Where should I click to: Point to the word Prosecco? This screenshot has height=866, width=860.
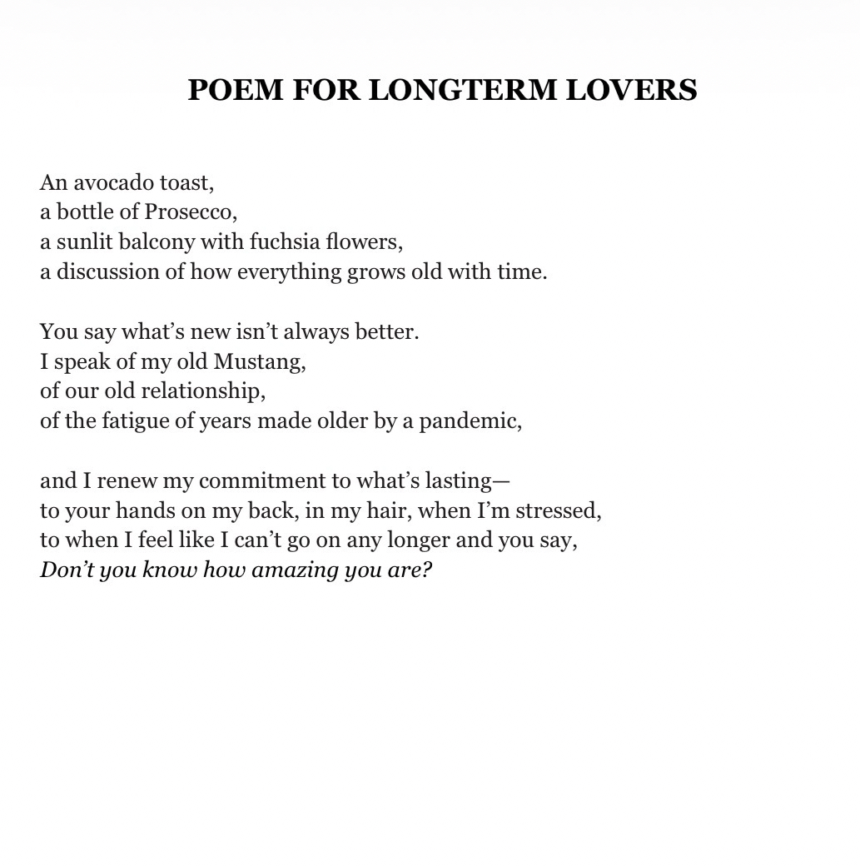tap(190, 212)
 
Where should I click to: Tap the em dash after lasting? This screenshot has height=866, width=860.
tap(501, 481)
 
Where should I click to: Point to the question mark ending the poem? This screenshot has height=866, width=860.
tap(427, 570)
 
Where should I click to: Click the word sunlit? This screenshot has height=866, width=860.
tap(84, 242)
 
